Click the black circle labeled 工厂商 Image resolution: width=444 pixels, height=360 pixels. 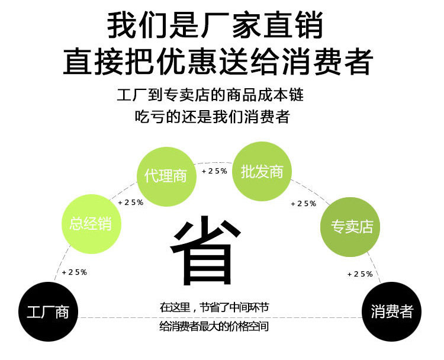tap(48, 313)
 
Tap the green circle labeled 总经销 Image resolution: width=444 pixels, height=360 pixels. tap(90, 224)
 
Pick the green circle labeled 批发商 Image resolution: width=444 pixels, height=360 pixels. tap(262, 172)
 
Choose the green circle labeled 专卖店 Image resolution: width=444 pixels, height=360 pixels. tap(350, 227)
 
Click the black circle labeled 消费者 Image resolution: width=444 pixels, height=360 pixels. tap(391, 312)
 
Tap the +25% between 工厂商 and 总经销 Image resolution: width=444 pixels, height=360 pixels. tap(75, 272)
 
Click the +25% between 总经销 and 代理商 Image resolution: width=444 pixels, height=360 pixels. tap(131, 202)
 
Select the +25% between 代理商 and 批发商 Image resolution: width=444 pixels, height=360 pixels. tap(214, 171)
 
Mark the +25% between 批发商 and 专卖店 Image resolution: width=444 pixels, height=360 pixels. tap(303, 204)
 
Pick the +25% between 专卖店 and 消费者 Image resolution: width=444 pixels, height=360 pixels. tap(360, 274)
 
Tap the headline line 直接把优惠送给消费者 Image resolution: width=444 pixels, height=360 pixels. tap(217, 62)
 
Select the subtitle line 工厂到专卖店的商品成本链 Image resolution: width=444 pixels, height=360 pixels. tap(214, 95)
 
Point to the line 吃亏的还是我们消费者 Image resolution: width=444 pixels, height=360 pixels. tap(212, 117)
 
